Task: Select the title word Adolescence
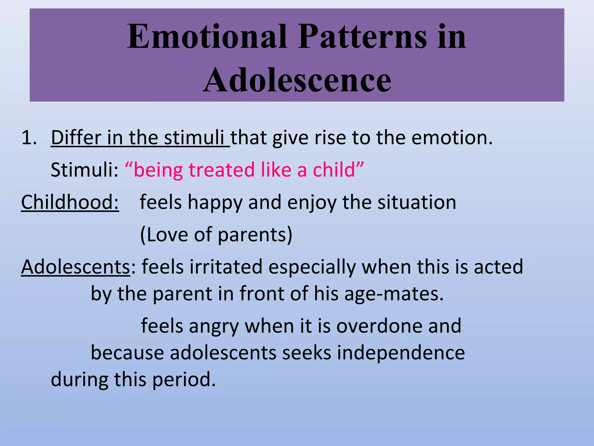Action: click(297, 79)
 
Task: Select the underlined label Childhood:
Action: click(70, 202)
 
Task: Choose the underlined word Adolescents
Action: click(75, 267)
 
